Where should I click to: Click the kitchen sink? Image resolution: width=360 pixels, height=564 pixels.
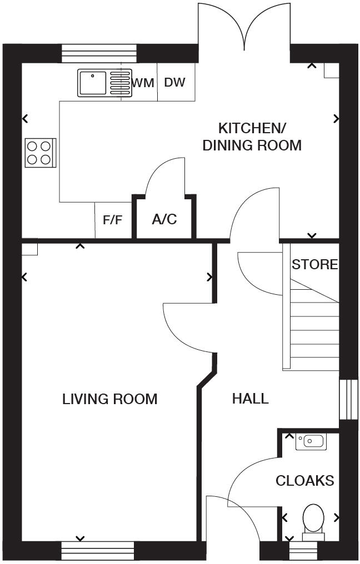(x=104, y=83)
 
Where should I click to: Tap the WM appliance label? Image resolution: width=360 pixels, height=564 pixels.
(x=143, y=83)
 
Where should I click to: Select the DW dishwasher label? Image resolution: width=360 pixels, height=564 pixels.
(x=174, y=83)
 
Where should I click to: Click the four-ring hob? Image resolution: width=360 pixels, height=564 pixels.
(x=41, y=153)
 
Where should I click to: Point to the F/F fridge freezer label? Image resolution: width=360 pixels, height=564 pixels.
(x=113, y=220)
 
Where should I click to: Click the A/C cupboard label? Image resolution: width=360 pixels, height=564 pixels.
(x=164, y=219)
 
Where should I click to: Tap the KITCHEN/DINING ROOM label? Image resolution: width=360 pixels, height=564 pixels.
(x=252, y=137)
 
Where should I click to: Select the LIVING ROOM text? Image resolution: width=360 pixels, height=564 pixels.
(x=109, y=399)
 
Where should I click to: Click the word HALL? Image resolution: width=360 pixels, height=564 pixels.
(x=250, y=399)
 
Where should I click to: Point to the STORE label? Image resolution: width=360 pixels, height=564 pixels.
(x=314, y=265)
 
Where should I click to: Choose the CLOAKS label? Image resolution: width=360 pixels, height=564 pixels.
(x=305, y=481)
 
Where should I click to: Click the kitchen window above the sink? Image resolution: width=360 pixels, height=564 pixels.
(x=98, y=54)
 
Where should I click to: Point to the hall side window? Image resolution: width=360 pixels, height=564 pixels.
(x=349, y=400)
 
